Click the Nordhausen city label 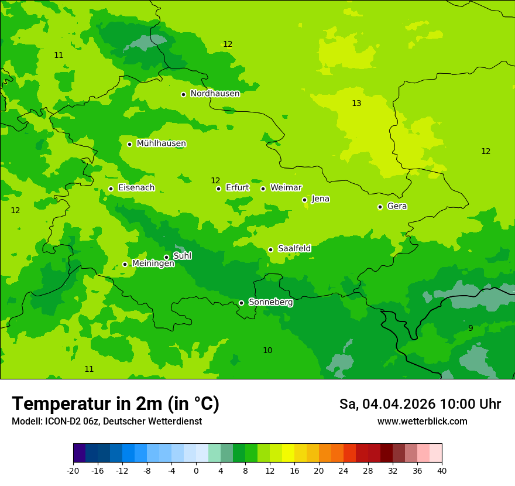[215, 94]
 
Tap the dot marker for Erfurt [218, 189]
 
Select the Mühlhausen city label [161, 143]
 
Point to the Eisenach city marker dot [111, 189]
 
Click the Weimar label [286, 188]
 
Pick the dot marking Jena [304, 200]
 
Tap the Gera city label [397, 206]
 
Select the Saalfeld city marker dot [270, 249]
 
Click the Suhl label [182, 256]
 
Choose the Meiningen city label [153, 263]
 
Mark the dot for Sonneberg [241, 303]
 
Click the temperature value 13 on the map [356, 104]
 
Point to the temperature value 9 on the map [471, 328]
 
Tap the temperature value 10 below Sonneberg [267, 351]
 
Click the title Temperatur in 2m [115, 404]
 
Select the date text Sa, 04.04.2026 [387, 404]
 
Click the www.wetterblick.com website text [422, 422]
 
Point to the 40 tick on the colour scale [441, 471]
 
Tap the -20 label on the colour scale [73, 471]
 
